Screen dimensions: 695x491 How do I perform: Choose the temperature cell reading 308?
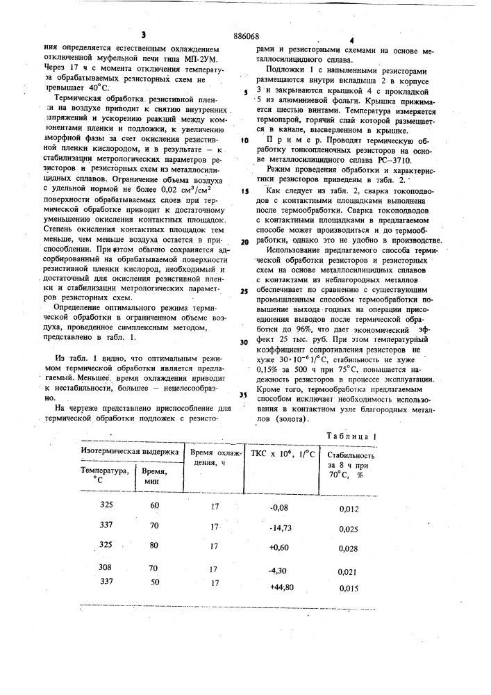106,567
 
